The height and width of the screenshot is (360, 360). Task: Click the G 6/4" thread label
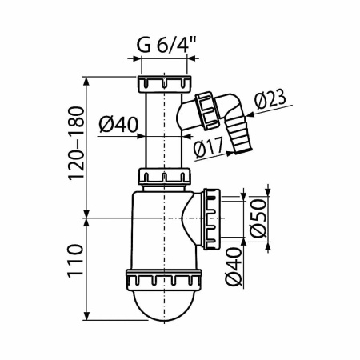click(165, 45)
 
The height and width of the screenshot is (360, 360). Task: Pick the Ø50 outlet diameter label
click(257, 215)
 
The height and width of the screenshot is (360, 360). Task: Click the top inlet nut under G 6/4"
click(165, 83)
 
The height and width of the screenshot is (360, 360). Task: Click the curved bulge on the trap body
click(192, 218)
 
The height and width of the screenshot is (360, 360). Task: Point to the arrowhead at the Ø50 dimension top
click(268, 193)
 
